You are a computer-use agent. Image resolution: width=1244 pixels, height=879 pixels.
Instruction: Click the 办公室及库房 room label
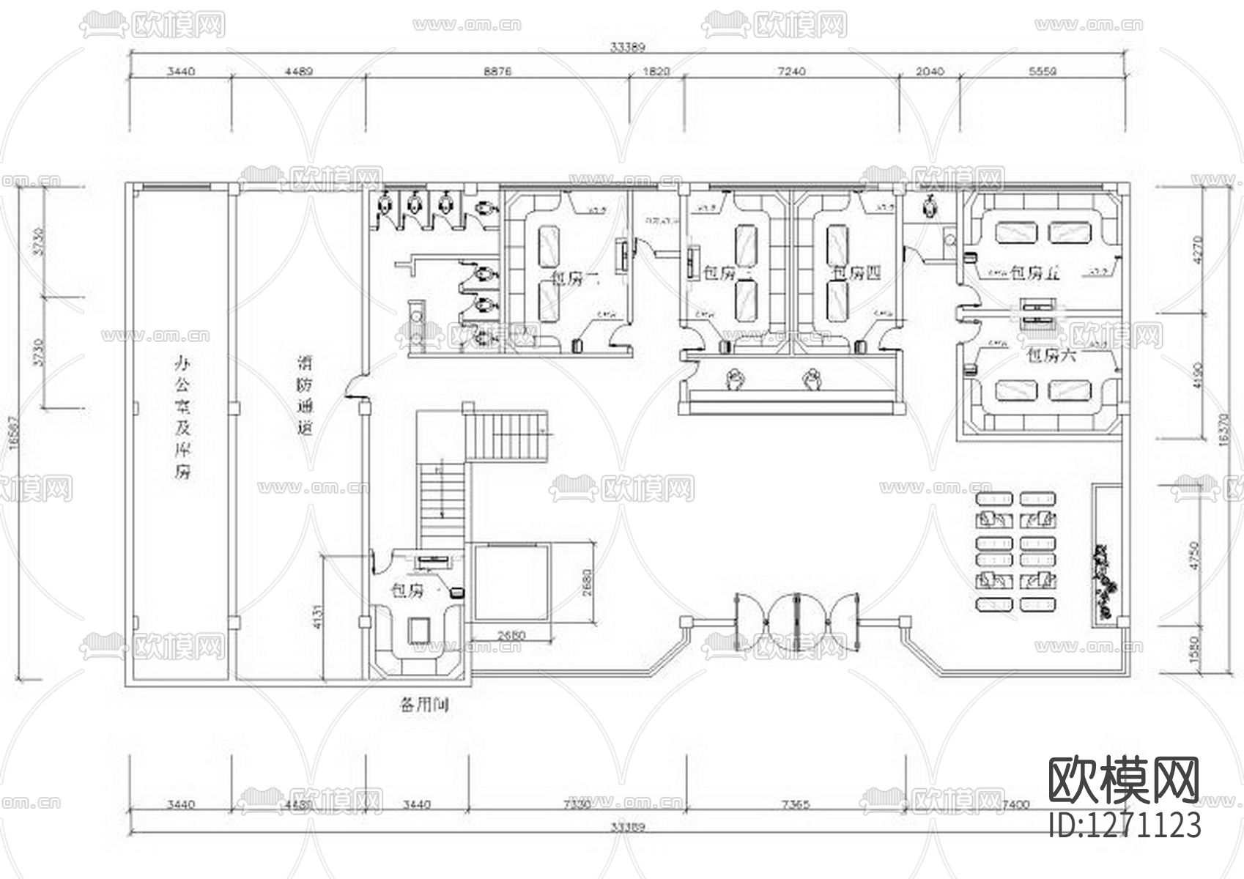coord(181,417)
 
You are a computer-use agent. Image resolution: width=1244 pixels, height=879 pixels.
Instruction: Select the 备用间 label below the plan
coord(423,705)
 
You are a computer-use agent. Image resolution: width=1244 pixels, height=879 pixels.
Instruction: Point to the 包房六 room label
coord(1051,356)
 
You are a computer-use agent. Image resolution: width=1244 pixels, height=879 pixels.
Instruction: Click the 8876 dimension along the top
coord(497,72)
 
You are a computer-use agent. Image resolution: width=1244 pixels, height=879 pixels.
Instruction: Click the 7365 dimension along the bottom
coord(796,804)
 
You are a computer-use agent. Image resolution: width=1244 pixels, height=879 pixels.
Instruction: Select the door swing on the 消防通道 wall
coord(355,387)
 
